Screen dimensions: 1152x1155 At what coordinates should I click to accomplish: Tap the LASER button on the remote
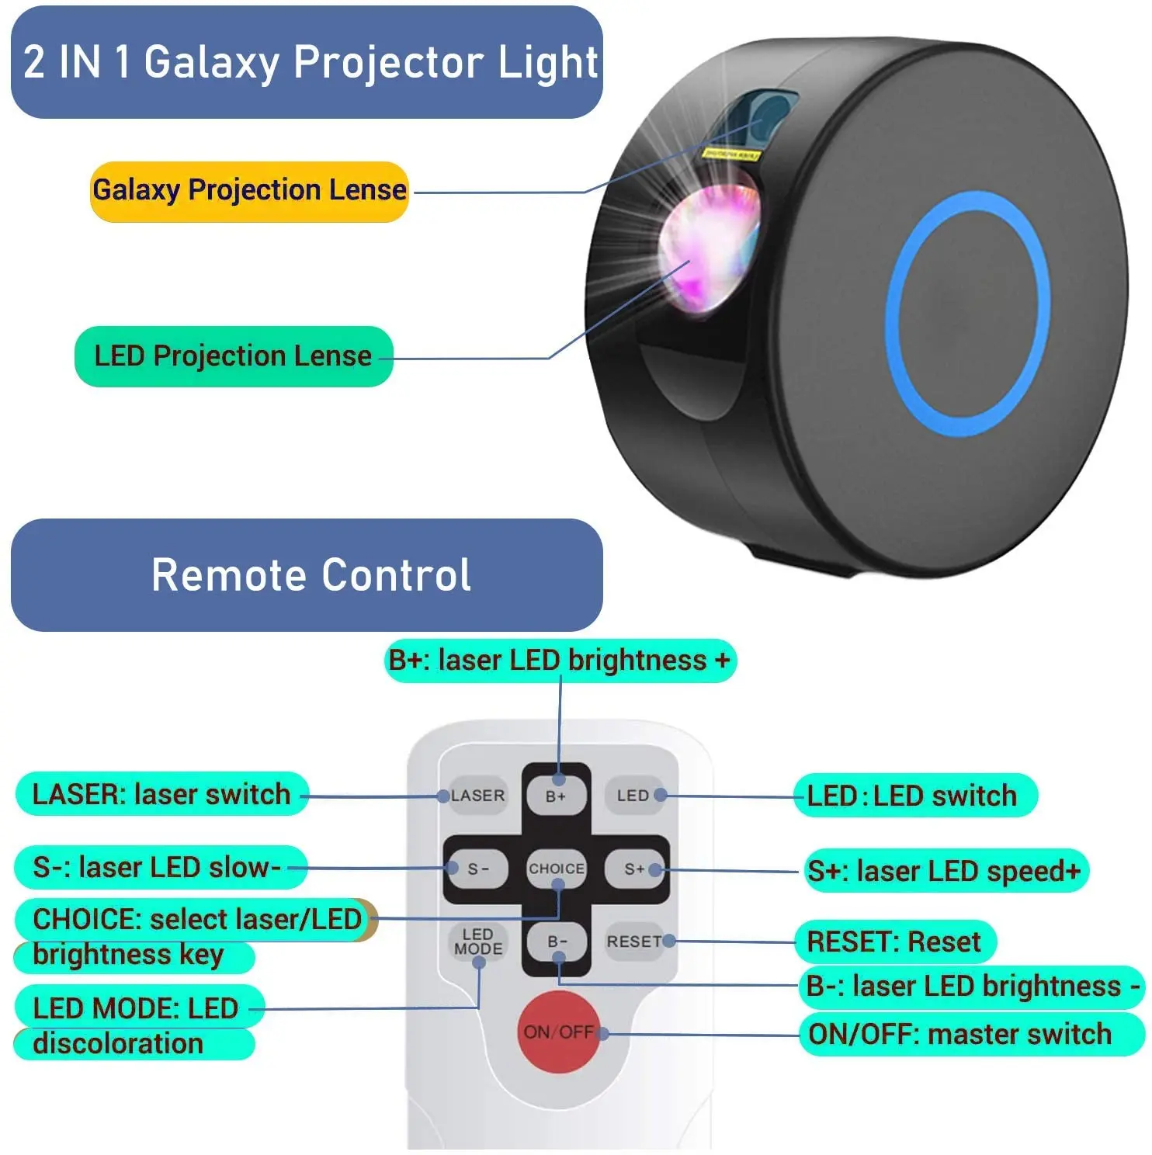tap(477, 796)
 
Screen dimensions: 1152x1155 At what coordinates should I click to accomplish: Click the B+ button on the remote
tap(556, 796)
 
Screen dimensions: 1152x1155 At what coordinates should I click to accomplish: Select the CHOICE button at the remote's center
tap(557, 869)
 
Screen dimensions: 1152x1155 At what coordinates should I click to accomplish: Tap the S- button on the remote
tap(477, 869)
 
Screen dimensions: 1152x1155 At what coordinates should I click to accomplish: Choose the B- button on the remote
tap(557, 942)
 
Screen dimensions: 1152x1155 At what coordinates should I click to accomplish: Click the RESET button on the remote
tap(635, 942)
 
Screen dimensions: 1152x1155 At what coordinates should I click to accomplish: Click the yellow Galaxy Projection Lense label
tap(249, 191)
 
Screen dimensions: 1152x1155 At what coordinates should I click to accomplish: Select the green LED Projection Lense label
tap(234, 356)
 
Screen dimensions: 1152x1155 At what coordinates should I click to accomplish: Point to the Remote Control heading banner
tap(307, 575)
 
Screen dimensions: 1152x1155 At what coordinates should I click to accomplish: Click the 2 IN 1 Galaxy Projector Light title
tap(307, 62)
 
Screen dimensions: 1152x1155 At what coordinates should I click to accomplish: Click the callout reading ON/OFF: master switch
tap(972, 1035)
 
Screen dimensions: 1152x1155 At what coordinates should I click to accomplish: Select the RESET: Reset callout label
tap(895, 942)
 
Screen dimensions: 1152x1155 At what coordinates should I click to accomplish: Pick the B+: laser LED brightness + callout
tap(560, 661)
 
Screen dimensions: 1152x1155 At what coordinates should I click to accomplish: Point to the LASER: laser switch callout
tap(161, 794)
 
